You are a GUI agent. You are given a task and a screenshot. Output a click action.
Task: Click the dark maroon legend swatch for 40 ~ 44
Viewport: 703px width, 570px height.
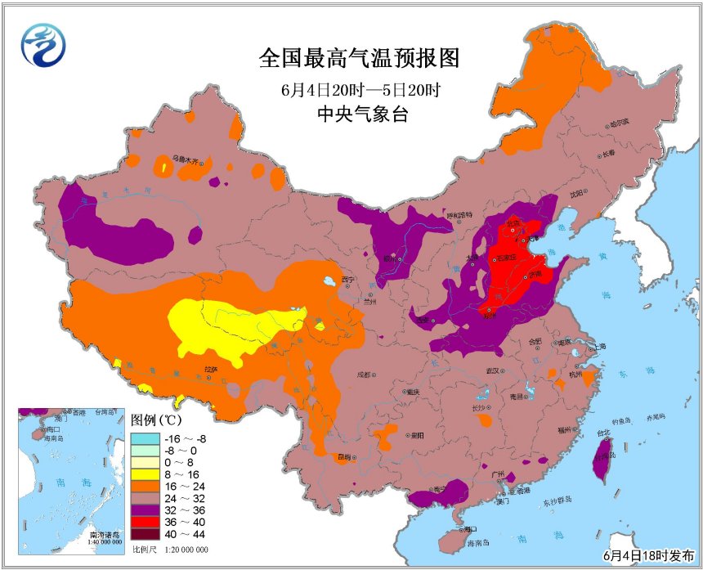pos(141,537)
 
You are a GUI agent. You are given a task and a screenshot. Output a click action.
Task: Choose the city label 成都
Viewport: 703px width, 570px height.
pos(365,375)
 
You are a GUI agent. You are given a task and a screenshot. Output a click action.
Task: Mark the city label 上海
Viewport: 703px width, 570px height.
pos(600,347)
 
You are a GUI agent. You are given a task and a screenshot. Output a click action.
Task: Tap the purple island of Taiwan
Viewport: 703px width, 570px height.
pos(602,458)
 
